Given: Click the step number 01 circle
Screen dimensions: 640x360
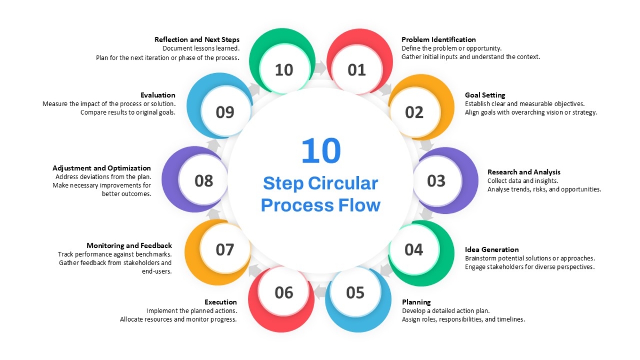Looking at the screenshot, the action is point(357,70).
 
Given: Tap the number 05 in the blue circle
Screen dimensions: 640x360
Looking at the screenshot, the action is point(355,293).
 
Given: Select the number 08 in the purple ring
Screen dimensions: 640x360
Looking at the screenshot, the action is point(204,181).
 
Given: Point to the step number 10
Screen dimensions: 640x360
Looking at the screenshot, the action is point(284,70).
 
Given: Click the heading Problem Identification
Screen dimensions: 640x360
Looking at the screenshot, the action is point(438,39).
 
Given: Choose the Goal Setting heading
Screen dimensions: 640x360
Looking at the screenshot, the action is point(485,95).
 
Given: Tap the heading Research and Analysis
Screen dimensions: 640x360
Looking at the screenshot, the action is point(524,172).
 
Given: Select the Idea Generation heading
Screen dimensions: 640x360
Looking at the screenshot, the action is point(492,250).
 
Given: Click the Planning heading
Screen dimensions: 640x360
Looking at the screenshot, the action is point(417,302).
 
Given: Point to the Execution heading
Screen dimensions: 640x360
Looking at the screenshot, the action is point(221,302).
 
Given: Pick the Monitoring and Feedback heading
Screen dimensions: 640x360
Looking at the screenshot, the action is point(129,245).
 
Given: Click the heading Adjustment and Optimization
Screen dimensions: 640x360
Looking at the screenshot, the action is point(102,168).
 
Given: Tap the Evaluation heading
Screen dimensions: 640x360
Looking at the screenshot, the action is point(158,95).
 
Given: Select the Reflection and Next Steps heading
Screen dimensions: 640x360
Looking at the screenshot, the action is point(197,39).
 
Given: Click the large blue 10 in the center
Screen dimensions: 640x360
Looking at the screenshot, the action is point(321,150).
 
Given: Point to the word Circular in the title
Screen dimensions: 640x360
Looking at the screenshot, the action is point(343,183).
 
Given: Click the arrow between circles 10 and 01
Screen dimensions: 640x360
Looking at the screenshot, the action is point(321,68).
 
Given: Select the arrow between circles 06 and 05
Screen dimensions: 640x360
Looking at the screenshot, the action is point(320,291).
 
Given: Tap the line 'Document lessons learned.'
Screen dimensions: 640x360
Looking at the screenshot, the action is point(201,49).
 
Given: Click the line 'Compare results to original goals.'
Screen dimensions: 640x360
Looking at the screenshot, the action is point(127,113).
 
